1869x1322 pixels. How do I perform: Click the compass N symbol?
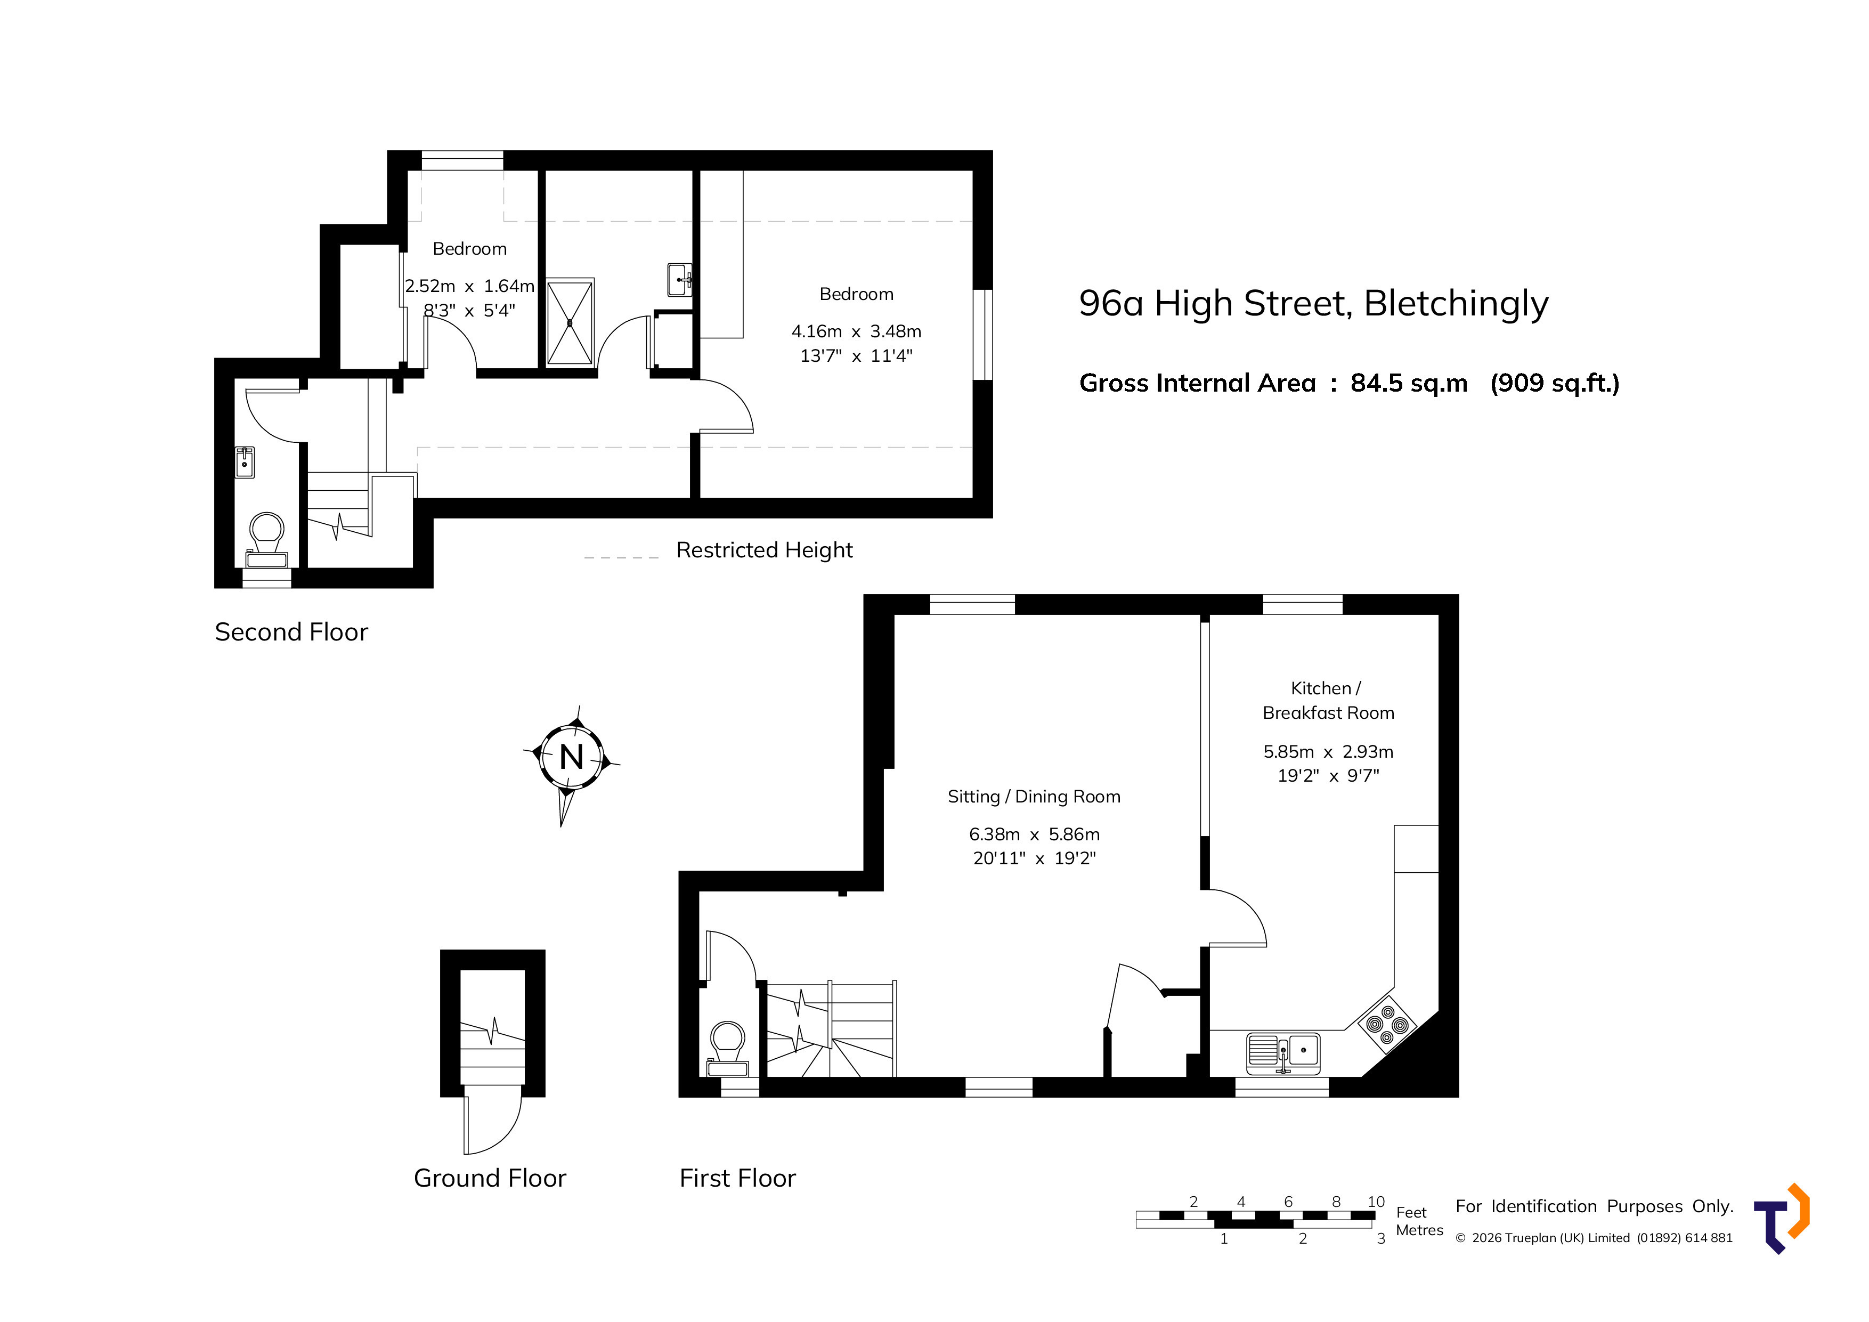click(x=572, y=757)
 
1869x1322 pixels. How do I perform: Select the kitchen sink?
click(x=1283, y=1052)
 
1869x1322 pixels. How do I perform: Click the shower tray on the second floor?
click(x=570, y=322)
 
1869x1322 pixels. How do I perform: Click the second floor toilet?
click(x=267, y=540)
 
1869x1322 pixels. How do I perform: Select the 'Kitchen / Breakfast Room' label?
click(x=1328, y=700)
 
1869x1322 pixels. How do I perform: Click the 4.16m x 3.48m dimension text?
click(x=856, y=331)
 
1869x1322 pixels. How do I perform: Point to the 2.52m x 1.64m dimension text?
click(x=470, y=286)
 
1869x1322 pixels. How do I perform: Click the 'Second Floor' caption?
click(x=291, y=632)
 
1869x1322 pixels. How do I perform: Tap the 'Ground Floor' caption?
click(x=490, y=1178)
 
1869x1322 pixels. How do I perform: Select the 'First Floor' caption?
click(x=737, y=1178)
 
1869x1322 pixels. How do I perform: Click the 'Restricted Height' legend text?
click(x=765, y=550)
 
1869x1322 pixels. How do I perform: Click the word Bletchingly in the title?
click(x=1456, y=304)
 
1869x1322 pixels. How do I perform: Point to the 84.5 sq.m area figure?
click(x=1409, y=384)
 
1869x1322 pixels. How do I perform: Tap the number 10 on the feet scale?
click(x=1376, y=1202)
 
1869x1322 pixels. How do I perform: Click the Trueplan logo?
click(x=1782, y=1219)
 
